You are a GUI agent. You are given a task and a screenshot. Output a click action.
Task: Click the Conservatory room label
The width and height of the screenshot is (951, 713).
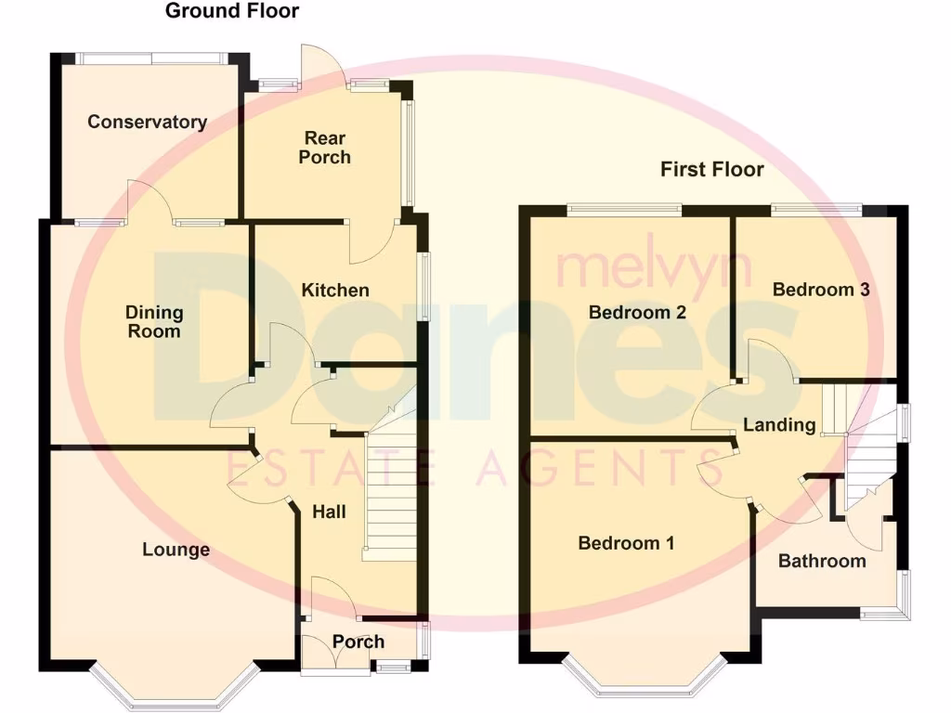(147, 122)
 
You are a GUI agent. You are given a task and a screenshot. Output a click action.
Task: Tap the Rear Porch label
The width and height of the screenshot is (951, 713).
(324, 149)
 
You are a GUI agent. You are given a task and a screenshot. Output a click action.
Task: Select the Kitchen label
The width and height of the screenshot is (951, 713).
(335, 291)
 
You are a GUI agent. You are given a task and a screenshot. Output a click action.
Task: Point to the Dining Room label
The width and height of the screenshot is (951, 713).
(154, 322)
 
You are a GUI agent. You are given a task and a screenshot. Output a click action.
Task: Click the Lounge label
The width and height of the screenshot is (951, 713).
(176, 550)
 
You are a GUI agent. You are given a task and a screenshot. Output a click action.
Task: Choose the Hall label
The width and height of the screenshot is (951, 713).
(329, 512)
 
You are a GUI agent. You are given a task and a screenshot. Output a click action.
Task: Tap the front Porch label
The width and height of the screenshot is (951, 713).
(358, 642)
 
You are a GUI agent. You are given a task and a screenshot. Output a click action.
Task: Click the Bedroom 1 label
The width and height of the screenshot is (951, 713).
(626, 543)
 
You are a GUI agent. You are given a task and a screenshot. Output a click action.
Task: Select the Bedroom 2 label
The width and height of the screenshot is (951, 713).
(637, 313)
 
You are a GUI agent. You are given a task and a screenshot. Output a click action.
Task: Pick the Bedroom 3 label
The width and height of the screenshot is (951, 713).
(821, 290)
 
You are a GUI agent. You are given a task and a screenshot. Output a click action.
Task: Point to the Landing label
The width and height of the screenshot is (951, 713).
(779, 426)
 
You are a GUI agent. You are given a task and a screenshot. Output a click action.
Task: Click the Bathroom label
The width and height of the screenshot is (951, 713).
(822, 561)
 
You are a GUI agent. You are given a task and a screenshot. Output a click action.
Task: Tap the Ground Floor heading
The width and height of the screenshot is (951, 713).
(232, 11)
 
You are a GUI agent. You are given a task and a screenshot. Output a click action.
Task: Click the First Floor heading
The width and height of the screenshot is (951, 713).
(712, 169)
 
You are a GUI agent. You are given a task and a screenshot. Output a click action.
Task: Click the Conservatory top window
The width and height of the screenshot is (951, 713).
(150, 58)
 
